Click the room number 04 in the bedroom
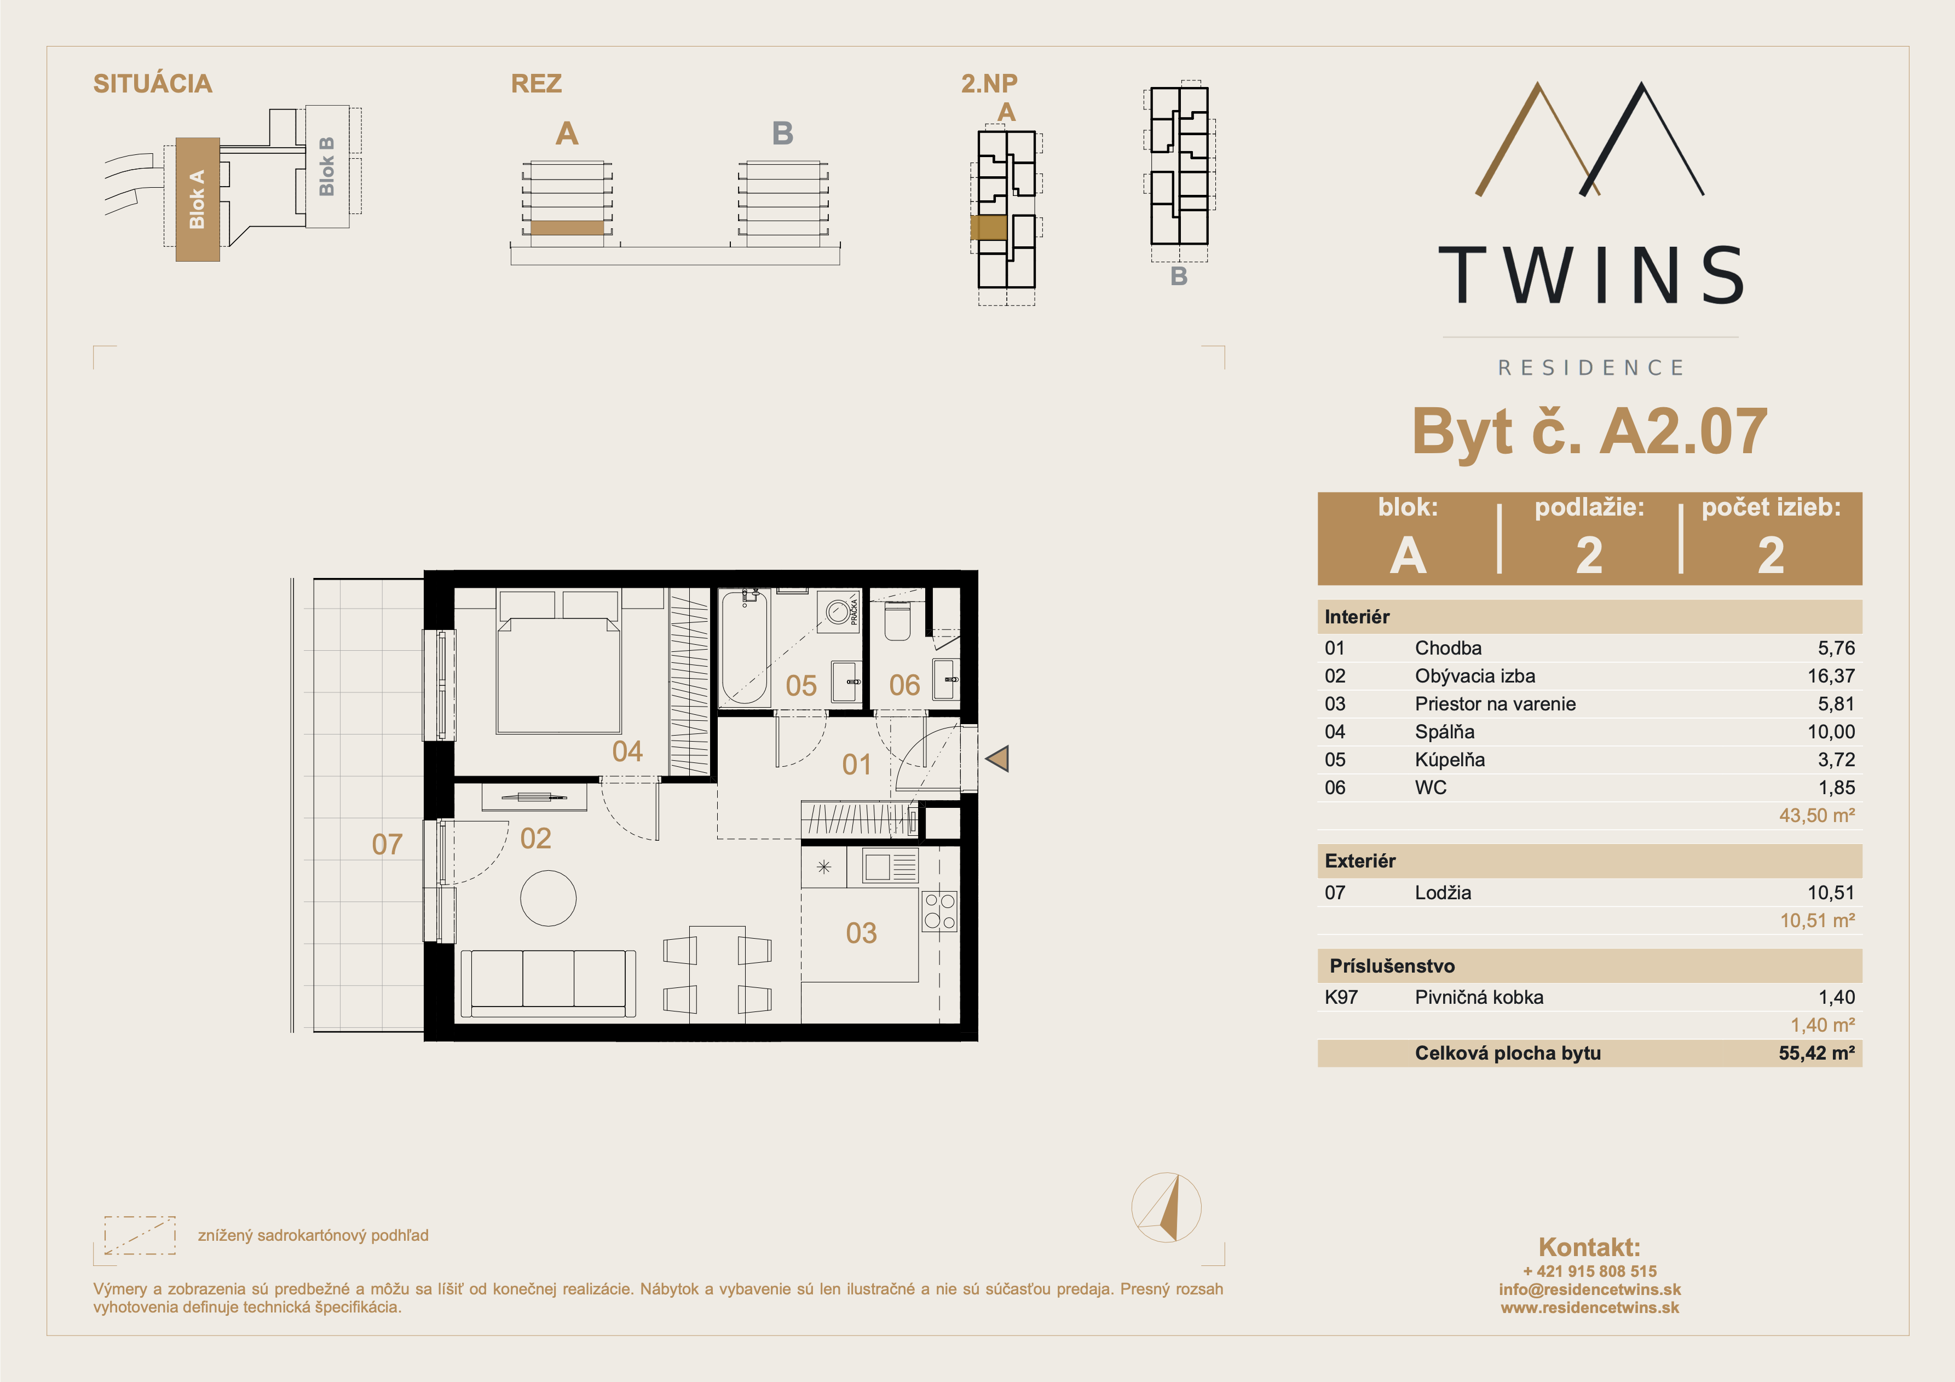[x=627, y=751]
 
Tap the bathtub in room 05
[x=745, y=646]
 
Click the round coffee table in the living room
[x=549, y=898]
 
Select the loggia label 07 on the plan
[x=388, y=844]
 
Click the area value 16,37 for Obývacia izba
[x=1831, y=676]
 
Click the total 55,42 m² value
[x=1816, y=1053]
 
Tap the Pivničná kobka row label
[x=1479, y=997]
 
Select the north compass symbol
[x=1167, y=1207]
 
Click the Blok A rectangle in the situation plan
[x=198, y=199]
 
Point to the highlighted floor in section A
[x=567, y=227]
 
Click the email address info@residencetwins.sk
[x=1590, y=1289]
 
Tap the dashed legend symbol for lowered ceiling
[x=140, y=1235]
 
